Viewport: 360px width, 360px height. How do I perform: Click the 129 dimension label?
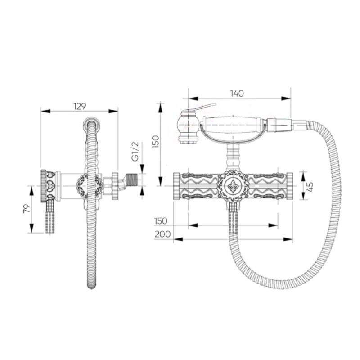[x=80, y=106]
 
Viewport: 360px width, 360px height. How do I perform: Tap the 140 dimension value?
[x=237, y=94]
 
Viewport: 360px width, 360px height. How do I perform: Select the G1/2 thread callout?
[x=135, y=151]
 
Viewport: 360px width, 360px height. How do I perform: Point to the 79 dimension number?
[x=27, y=209]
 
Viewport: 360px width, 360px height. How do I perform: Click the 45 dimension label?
[x=310, y=187]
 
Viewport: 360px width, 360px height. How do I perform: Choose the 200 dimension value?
[x=162, y=234]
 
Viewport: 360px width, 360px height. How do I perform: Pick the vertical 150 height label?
[x=155, y=142]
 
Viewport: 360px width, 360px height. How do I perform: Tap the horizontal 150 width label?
[x=161, y=221]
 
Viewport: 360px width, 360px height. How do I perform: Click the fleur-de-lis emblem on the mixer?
[x=233, y=186]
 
